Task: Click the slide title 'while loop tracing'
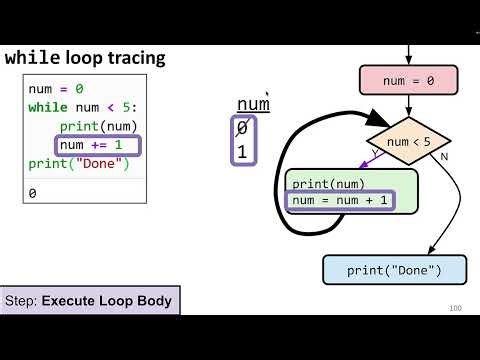coord(85,58)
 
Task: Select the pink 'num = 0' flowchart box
coord(408,80)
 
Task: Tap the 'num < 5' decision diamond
coord(408,141)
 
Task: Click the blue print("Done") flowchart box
coord(395,270)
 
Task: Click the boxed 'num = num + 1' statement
coord(340,200)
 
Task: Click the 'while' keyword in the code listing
coord(48,107)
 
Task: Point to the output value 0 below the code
coord(33,194)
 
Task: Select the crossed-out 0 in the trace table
coord(241,128)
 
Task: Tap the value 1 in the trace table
coord(241,152)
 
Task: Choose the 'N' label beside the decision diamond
coord(444,157)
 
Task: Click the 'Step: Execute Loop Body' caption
coord(89,300)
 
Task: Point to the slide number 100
coord(455,308)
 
